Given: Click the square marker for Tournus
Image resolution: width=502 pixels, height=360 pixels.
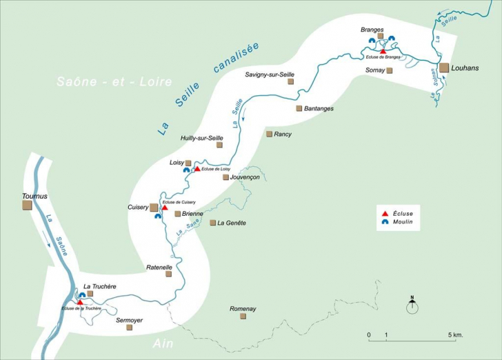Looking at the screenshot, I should pos(27,205).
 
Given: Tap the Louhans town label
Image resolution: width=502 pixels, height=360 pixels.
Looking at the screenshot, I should pos(465,68).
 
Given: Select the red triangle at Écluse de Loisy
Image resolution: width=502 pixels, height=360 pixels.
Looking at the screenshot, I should pos(197,168).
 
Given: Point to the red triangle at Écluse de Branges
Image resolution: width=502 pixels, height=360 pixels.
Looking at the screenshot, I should pos(383,51).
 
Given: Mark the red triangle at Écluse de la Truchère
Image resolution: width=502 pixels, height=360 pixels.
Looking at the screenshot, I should pos(80,302).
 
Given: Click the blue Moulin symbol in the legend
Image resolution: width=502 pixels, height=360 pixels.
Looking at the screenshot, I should pos(385,222).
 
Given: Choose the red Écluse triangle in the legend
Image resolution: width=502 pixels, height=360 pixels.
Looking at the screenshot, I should pos(385,213).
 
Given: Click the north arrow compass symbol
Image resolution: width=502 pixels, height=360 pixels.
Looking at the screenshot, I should pos(412,306).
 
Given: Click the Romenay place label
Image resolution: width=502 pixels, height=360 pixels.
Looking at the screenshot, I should pos(243,309).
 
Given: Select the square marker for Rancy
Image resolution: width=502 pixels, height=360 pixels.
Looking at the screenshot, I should pos(270,134).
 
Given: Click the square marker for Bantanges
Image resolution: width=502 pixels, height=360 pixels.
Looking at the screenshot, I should pos(299,108).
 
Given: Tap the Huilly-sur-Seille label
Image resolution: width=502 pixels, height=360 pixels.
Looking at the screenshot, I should pos(202,137).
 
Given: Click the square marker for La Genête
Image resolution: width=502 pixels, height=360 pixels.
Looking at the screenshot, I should pos(213,223).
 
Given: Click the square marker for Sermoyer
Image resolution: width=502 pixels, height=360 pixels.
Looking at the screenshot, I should pos(129,328).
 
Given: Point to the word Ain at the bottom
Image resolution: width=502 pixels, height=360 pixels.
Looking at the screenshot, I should pos(163,344).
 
